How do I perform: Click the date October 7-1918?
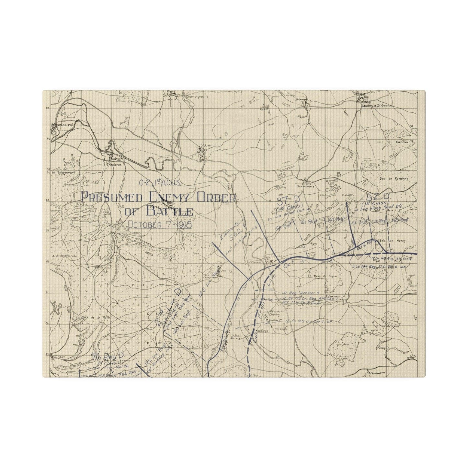click(159, 224)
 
